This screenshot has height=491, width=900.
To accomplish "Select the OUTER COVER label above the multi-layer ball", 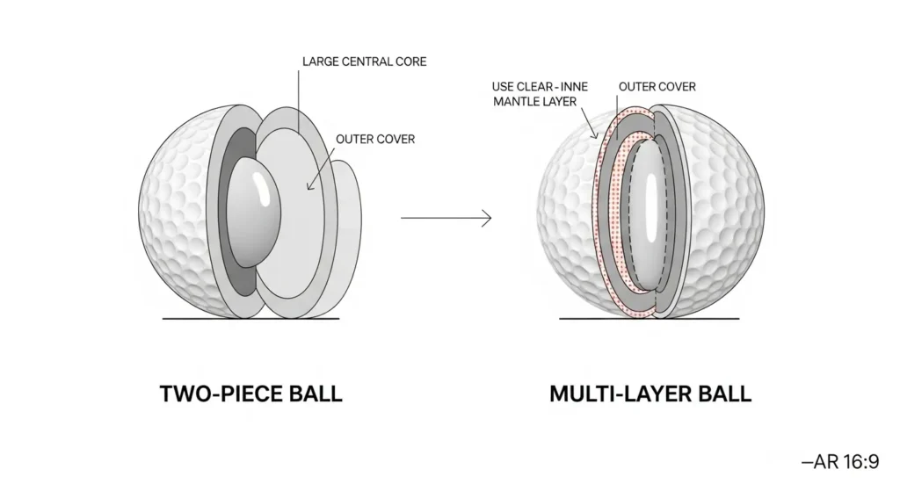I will (657, 87).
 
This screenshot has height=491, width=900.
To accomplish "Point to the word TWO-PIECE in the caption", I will (212, 394).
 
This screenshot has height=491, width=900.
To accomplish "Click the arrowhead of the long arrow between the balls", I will (486, 217).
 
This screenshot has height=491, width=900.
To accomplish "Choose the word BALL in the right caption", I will (722, 394).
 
